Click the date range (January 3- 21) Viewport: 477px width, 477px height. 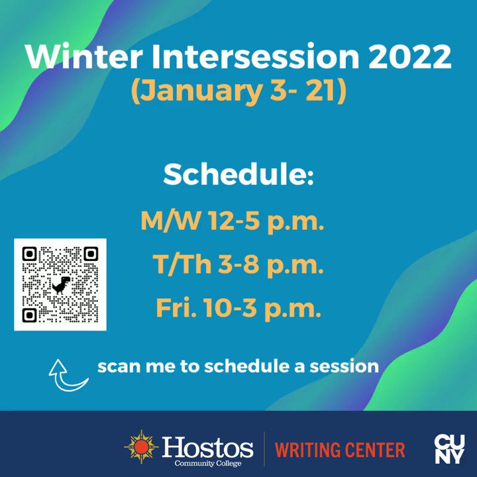pos(238,91)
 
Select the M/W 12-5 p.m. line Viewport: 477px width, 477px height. pos(232,221)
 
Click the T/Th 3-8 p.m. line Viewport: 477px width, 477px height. pos(238,265)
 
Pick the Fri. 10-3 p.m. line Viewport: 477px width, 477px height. pos(238,308)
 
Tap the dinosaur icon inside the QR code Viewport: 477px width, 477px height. pos(60,285)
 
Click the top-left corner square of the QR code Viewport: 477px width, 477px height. pos(30,254)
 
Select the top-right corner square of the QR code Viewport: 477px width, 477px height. pos(90,254)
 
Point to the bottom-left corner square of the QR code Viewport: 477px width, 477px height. pos(30,315)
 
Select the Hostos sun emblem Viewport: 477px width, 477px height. pos(140,447)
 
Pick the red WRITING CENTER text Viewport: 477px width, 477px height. pos(340,450)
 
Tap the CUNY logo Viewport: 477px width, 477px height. pos(449,449)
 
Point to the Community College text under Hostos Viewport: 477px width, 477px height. pos(207,463)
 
